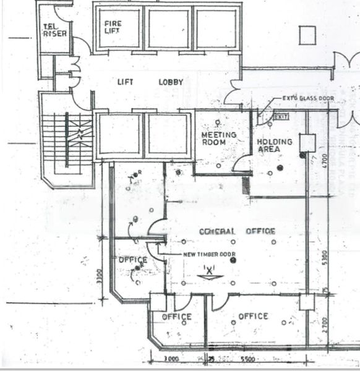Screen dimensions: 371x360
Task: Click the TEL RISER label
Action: click(x=54, y=29)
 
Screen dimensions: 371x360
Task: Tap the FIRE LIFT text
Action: click(x=113, y=27)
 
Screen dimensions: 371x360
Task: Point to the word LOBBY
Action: click(x=171, y=82)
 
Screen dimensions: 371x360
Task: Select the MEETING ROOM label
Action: click(x=218, y=139)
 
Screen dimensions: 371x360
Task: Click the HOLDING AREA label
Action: click(x=274, y=145)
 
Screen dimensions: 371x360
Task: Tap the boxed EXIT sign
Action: click(x=281, y=116)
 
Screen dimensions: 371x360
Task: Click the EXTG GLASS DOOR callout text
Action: click(x=305, y=98)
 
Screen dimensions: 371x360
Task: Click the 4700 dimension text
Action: click(x=323, y=162)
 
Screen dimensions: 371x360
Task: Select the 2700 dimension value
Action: click(x=323, y=325)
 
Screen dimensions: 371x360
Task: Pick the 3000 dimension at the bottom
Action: click(x=171, y=359)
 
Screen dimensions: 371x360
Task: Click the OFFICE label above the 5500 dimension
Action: click(x=253, y=317)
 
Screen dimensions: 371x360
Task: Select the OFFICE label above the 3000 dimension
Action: click(x=177, y=317)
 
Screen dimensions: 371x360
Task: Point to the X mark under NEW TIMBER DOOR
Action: click(x=208, y=270)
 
